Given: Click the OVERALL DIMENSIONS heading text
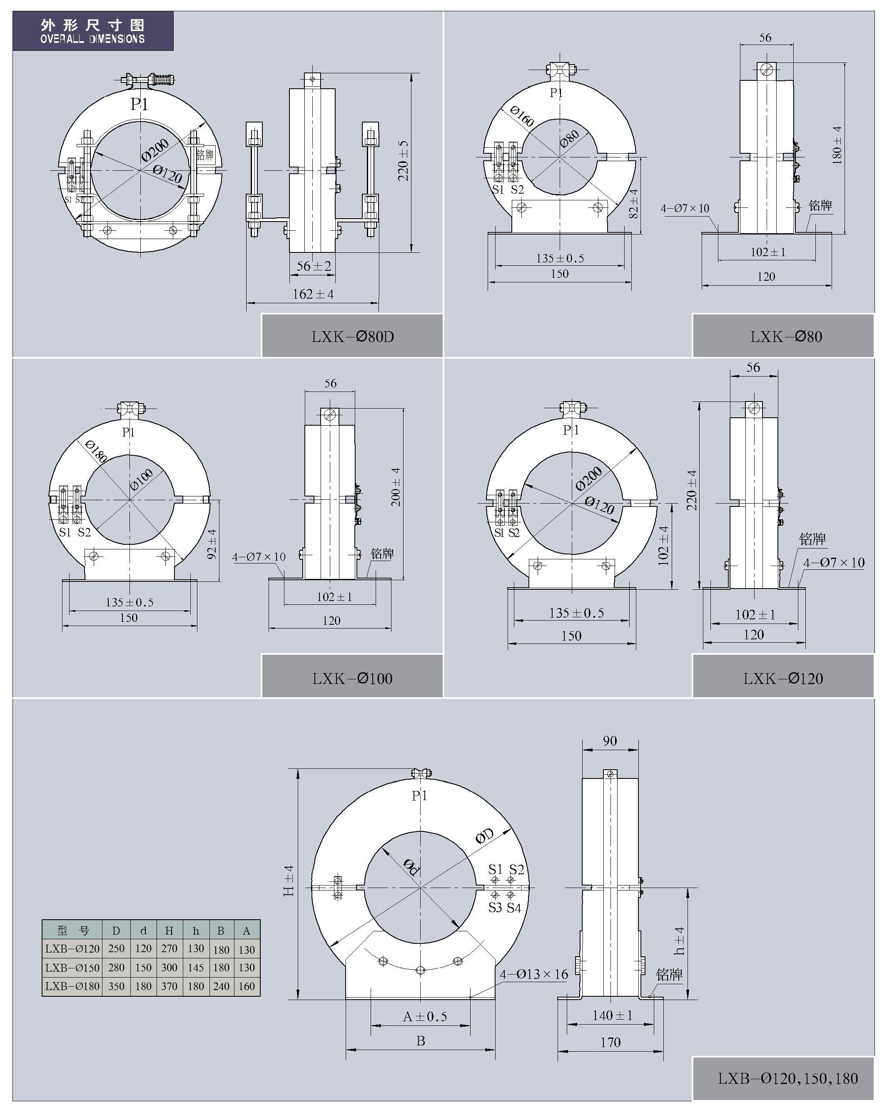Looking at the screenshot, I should click(x=92, y=39).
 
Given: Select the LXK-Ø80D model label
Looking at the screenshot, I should click(x=353, y=337).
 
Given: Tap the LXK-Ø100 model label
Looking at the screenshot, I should click(x=352, y=678).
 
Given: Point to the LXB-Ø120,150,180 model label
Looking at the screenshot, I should click(x=787, y=1078).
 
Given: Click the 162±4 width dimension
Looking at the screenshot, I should click(x=313, y=294).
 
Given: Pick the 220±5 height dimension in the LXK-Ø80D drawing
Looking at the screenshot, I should click(x=404, y=161).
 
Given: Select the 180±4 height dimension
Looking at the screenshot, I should click(x=837, y=145).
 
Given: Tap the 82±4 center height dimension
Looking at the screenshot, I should click(x=633, y=204).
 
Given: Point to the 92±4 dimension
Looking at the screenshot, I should click(x=212, y=544).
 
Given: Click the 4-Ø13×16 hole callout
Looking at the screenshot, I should click(x=534, y=974).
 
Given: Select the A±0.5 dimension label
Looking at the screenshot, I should click(x=425, y=1017).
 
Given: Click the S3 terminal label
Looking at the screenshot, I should click(x=495, y=908).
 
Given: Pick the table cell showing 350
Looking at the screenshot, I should click(x=116, y=986).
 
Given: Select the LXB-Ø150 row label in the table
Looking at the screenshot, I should click(x=72, y=967).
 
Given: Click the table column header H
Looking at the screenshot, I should click(x=169, y=931).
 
